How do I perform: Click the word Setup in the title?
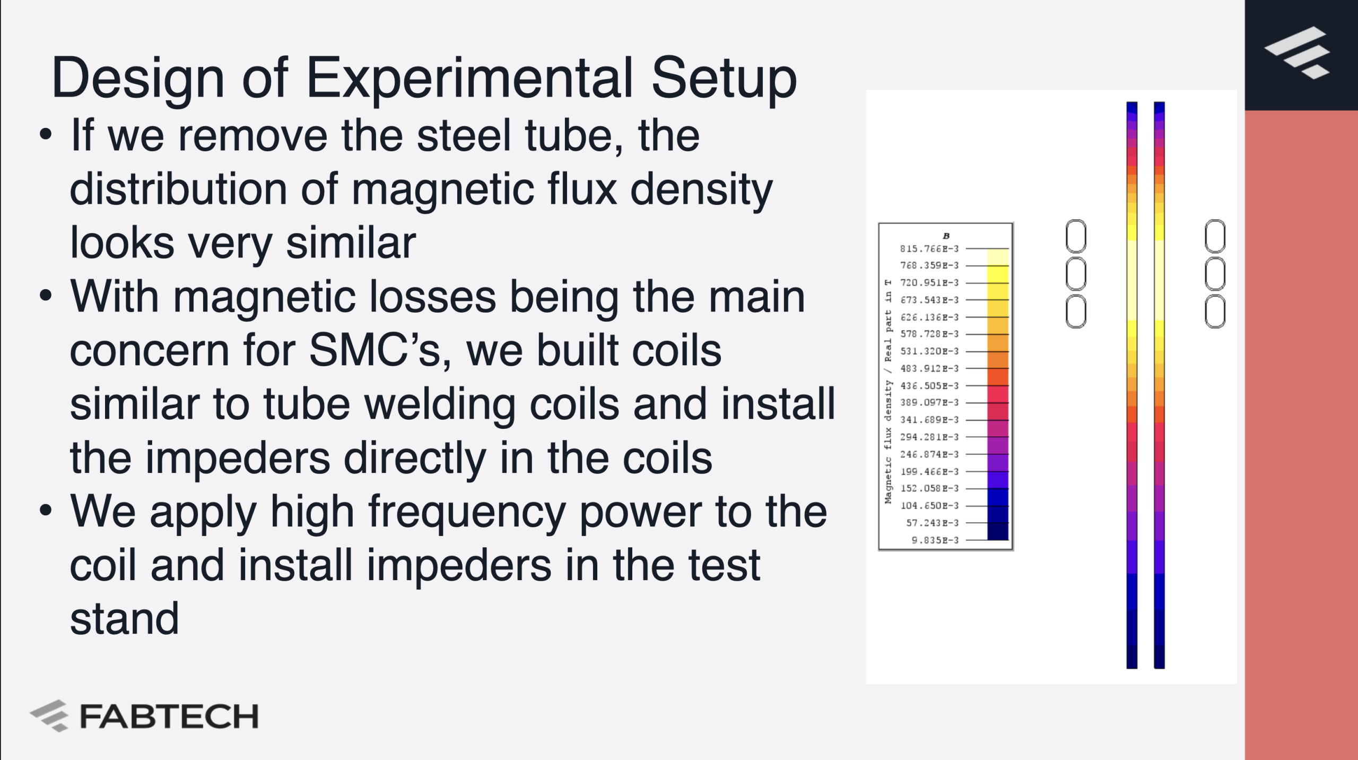click(x=724, y=80)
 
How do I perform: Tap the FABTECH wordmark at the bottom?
click(x=169, y=716)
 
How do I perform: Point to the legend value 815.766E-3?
click(x=929, y=248)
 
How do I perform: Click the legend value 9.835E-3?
click(x=935, y=540)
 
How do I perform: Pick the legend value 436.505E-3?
click(x=929, y=385)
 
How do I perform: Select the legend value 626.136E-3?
click(x=929, y=317)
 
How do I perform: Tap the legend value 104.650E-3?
click(x=929, y=505)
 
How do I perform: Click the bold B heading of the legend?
click(x=946, y=236)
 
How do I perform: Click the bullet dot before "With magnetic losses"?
click(x=46, y=295)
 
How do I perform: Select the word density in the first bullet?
click(x=701, y=191)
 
